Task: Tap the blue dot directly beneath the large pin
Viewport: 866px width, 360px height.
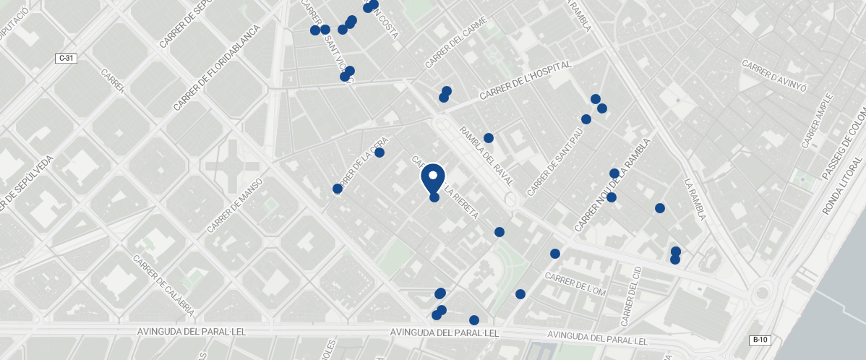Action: coord(434,197)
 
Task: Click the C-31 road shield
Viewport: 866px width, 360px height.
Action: coord(66,58)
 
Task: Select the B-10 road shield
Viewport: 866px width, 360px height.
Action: coord(759,340)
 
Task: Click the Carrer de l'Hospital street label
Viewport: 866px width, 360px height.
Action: coord(525,80)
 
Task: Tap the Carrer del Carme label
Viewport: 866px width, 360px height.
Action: coord(457,43)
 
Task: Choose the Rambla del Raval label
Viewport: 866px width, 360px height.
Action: coord(486,155)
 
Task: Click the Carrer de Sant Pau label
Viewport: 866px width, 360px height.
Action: coord(555,163)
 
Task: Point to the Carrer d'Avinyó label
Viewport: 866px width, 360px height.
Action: coord(773,77)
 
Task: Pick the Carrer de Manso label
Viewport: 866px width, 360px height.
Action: coord(233,207)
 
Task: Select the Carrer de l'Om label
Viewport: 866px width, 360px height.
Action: coord(575,283)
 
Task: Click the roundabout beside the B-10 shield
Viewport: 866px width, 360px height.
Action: coord(760,293)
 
